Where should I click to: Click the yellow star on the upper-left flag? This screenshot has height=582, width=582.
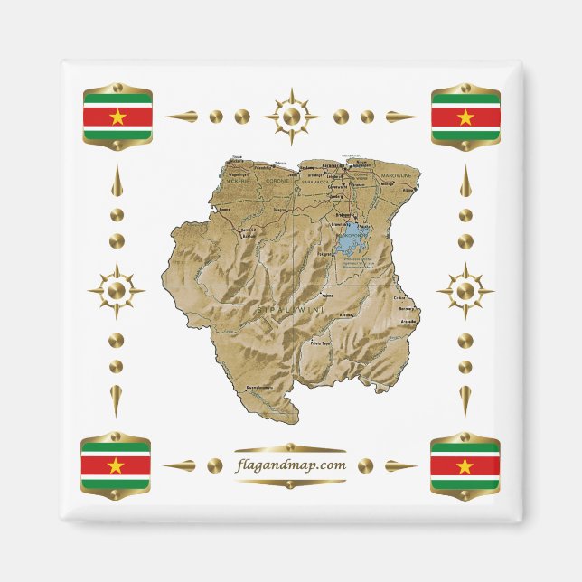[x=117, y=117]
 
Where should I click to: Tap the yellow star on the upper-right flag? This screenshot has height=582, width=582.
[x=465, y=117]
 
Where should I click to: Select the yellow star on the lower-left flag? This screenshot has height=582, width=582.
[x=116, y=465]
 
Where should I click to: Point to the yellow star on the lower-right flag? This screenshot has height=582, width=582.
[x=465, y=465]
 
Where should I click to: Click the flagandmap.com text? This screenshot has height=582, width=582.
[x=290, y=465]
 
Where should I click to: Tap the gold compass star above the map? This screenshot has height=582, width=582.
[x=291, y=117]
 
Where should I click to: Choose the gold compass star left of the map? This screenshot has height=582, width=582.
[x=117, y=291]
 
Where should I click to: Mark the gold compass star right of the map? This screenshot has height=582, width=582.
[x=465, y=291]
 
